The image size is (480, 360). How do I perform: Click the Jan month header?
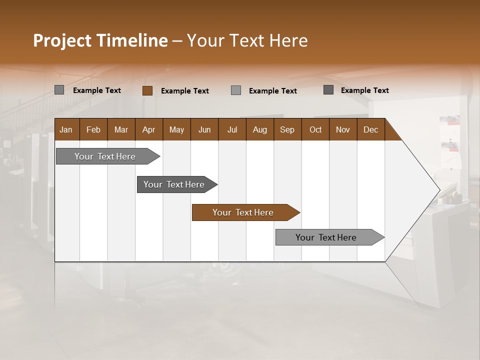click(66, 129)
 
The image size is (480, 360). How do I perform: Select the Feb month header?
click(93, 129)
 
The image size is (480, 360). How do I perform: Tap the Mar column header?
click(121, 129)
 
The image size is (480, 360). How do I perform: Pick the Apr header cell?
click(148, 129)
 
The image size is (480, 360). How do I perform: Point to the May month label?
click(176, 129)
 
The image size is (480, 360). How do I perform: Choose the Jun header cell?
click(204, 129)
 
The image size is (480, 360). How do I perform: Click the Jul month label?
click(232, 129)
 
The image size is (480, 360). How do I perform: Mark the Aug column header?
click(259, 129)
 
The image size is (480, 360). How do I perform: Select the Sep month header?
click(287, 129)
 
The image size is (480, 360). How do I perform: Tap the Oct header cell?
click(315, 129)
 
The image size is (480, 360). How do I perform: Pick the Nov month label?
click(343, 129)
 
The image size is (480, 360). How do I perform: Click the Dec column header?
click(370, 129)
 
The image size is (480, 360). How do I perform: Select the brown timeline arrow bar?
click(245, 212)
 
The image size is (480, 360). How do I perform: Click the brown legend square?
click(147, 90)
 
